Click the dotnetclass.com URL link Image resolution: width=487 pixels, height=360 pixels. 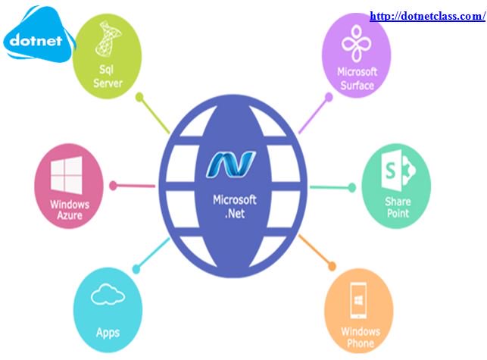[427, 15]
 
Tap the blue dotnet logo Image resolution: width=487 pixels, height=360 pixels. [38, 39]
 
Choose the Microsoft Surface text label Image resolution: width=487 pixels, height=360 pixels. [356, 79]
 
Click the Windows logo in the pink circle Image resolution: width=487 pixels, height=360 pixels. [69, 175]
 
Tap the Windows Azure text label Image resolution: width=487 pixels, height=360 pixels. [70, 210]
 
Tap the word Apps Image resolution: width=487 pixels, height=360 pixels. [108, 332]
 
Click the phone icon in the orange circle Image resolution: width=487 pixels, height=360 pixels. [360, 299]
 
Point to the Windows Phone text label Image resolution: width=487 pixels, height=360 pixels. [360, 337]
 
